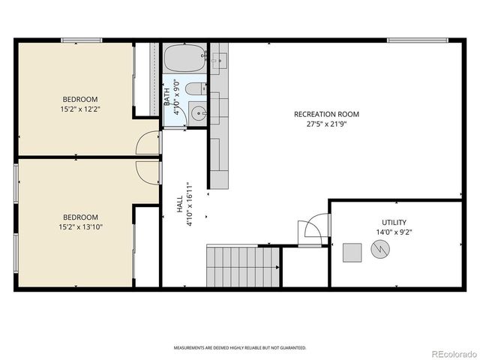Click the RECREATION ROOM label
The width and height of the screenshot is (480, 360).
pyautogui.click(x=326, y=115)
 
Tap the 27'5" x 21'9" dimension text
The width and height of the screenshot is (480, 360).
pyautogui.click(x=326, y=124)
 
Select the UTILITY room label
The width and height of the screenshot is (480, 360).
pyautogui.click(x=394, y=222)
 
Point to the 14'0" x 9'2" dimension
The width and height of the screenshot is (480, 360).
pyautogui.click(x=394, y=232)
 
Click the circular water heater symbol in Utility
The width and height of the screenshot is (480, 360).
pyautogui.click(x=379, y=252)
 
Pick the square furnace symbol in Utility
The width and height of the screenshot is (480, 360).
pyautogui.click(x=352, y=253)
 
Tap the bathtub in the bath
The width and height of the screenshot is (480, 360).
pyautogui.click(x=184, y=58)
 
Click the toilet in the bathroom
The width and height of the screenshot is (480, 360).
pyautogui.click(x=194, y=89)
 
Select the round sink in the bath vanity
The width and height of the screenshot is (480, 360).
pyautogui.click(x=198, y=114)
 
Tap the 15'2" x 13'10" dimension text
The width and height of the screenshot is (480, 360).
pyautogui.click(x=80, y=226)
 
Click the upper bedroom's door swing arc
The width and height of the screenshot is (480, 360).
pyautogui.click(x=148, y=142)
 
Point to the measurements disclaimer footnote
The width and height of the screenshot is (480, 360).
pyautogui.click(x=240, y=348)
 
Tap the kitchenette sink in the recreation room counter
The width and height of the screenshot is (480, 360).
pyautogui.click(x=219, y=60)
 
